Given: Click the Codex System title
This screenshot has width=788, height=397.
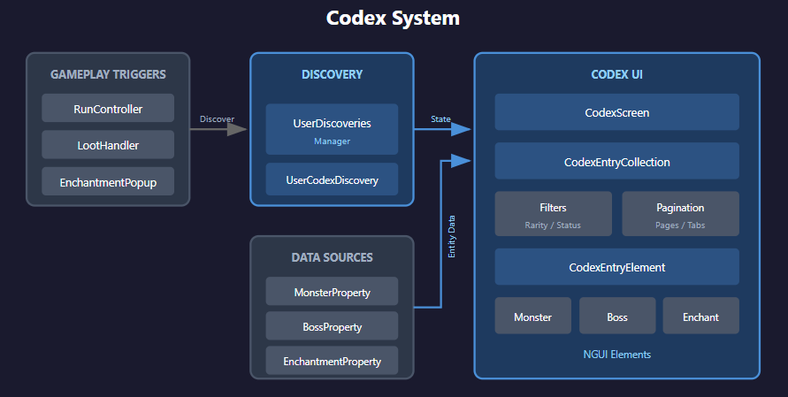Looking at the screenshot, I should point(393,19).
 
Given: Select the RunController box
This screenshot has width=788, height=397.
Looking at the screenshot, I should point(108,110).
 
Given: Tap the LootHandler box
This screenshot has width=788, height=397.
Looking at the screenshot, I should point(108,146).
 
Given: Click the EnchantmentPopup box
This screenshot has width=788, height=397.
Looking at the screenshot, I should point(108,182).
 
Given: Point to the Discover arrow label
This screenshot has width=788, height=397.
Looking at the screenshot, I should point(217,118).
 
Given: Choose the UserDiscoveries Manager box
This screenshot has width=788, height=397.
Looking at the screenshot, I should point(332,129).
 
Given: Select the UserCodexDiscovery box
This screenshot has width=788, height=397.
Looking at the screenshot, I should point(332,180).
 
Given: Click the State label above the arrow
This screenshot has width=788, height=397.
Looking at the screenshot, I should point(440,118).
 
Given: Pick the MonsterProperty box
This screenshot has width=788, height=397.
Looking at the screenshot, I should point(332,292).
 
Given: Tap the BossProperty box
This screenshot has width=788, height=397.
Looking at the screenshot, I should point(332,326).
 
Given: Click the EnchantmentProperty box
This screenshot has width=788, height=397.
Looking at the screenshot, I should point(332,361).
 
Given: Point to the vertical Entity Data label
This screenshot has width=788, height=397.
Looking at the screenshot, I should point(452,236).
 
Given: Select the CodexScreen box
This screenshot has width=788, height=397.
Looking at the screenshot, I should point(616,112).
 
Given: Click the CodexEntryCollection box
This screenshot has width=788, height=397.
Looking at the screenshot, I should point(616,162).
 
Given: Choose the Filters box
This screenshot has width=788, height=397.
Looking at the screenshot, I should point(553,214).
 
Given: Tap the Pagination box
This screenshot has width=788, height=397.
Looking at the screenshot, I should point(680,214).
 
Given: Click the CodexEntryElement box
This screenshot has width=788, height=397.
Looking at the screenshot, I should point(616,266).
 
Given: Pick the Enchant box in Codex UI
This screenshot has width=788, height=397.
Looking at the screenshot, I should point(700,317).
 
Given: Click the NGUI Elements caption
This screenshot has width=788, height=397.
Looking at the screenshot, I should point(616,355).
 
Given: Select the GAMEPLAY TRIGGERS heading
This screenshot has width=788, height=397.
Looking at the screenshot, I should point(108,74).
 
